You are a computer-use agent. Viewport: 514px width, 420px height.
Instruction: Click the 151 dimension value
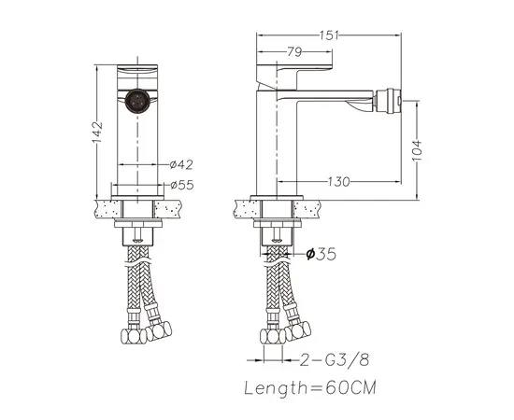tap(329, 35)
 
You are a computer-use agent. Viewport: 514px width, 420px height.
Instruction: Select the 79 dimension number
tap(294, 51)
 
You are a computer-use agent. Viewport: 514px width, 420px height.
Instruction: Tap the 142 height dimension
tap(97, 133)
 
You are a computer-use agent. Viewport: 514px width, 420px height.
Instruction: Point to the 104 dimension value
tap(417, 150)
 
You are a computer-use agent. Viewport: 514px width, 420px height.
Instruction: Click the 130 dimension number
tap(339, 181)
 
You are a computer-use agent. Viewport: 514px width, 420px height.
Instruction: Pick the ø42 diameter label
tap(181, 164)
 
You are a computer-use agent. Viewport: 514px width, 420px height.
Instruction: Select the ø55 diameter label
tap(182, 185)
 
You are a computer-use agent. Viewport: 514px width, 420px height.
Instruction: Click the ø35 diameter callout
tap(321, 254)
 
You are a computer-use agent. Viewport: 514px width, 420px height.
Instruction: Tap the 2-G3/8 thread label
tap(335, 360)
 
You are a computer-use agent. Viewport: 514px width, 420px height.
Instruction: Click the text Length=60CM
tap(310, 388)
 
